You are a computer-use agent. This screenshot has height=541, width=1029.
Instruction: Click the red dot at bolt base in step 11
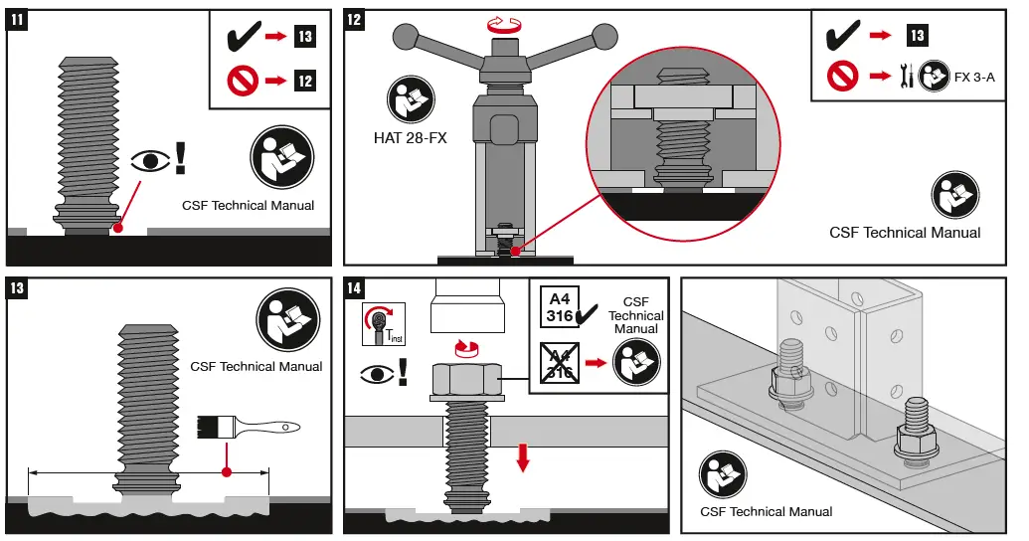click(118, 228)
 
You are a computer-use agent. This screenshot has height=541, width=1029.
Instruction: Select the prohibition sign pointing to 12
click(242, 79)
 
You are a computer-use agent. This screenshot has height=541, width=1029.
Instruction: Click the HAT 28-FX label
click(411, 138)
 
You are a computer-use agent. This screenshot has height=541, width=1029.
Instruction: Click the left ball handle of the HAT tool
click(405, 38)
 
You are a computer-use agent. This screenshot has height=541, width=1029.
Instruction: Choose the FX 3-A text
click(973, 77)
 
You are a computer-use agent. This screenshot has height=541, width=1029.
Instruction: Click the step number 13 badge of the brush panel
click(19, 289)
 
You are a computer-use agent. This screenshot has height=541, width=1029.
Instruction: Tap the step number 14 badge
click(356, 289)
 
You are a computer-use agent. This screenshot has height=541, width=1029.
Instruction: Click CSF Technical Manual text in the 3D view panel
click(767, 511)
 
